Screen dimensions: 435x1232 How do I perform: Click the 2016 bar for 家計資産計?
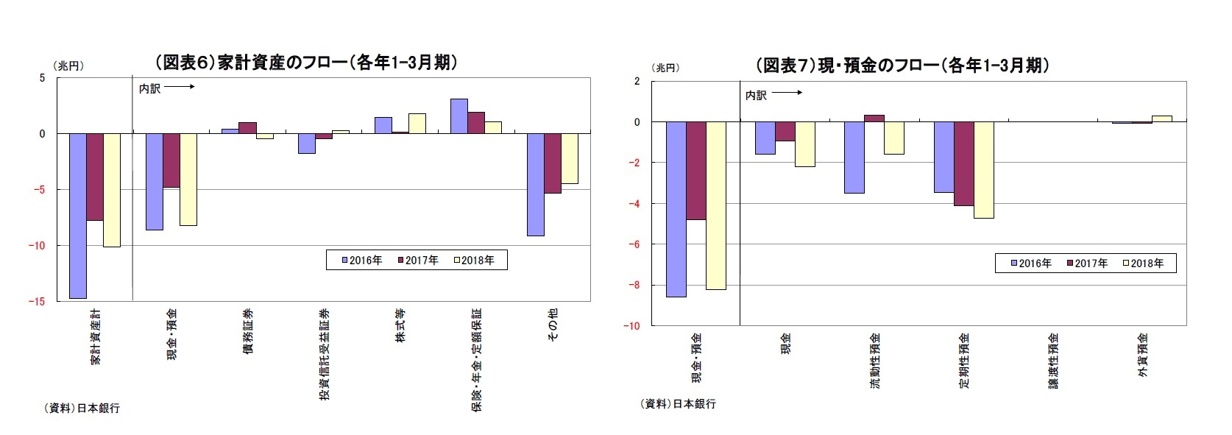coord(78,215)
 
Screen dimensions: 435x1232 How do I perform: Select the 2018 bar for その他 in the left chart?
coord(570,158)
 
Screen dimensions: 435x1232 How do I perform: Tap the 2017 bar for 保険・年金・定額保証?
coord(476,123)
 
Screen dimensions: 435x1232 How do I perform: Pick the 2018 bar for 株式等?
coord(417,124)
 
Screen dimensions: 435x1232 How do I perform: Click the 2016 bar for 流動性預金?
coord(854,157)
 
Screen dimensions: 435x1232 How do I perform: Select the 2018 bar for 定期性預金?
coord(984,170)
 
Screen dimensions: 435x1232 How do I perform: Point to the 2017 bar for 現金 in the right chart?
coord(785,131)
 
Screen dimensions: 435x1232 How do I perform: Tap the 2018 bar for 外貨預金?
coord(1162,119)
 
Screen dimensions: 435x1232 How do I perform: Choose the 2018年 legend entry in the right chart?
coord(1142,263)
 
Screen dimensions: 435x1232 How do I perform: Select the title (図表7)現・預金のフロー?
coord(902,66)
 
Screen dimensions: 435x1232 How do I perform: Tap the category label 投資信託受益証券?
coord(325,353)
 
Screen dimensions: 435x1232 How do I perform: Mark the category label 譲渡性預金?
coord(1054,360)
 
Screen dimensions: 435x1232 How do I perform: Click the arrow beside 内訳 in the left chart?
coord(180,88)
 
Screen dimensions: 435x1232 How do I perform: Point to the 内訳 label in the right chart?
coord(756,95)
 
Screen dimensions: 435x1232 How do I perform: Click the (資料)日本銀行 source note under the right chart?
coord(679,403)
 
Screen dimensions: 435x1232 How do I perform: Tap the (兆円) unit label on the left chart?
coord(68,66)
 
